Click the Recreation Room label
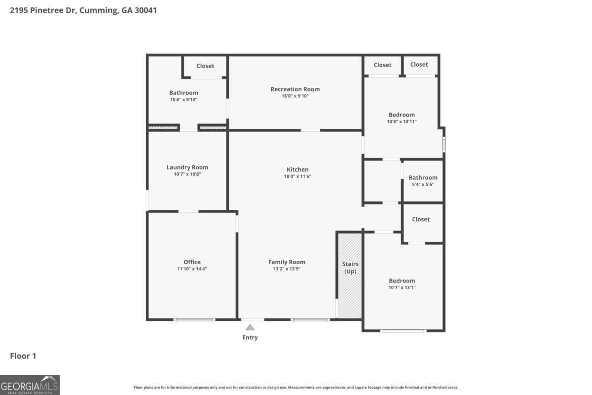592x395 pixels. pos(295,89)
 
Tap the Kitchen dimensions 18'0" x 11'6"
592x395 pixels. pos(297,176)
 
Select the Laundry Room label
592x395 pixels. pos(187,167)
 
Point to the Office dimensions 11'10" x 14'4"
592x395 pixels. pos(192,269)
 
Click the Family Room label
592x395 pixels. pos(287,262)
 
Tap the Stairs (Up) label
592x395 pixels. pos(350,268)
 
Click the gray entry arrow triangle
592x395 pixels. pos(250,327)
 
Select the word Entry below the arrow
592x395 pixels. pos(250,337)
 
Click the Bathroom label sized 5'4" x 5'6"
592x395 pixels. pos(423,178)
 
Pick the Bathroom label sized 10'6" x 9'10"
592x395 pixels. pos(184,93)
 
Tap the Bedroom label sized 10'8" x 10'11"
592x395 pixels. pos(402,115)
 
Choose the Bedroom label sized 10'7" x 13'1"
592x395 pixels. pos(402,280)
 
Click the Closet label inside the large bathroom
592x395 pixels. pos(205,66)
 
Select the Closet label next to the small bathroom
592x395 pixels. pos(421,219)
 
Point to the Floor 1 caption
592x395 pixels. pos(23,356)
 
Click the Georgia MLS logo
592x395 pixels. pos(30,385)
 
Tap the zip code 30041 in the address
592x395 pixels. pos(146,10)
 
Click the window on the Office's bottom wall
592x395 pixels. pos(194,319)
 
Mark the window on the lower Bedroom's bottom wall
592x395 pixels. pos(404,331)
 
